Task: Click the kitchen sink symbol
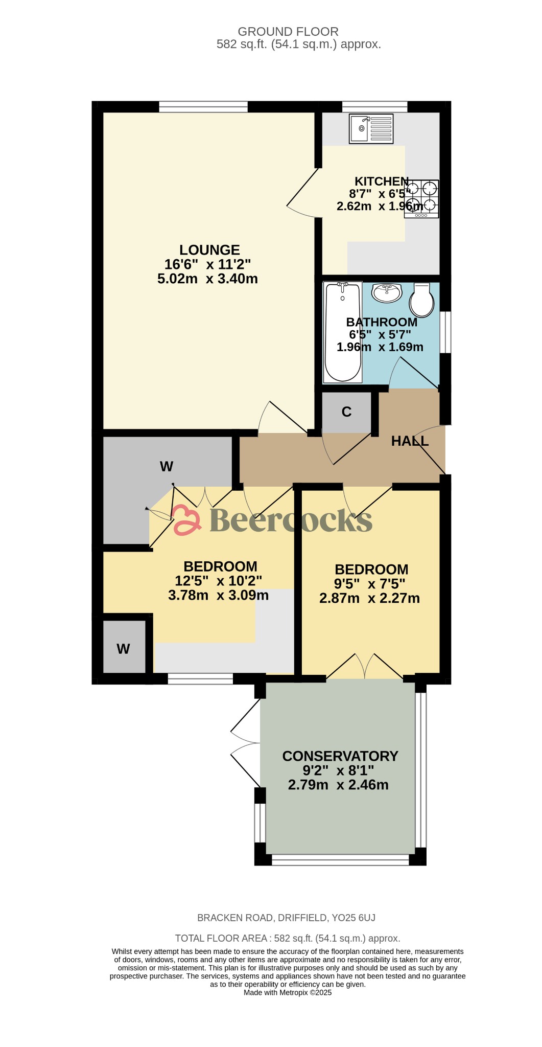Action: (x=371, y=128)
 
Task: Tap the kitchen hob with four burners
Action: (x=421, y=199)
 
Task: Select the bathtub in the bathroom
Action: (x=343, y=332)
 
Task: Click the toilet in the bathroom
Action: (x=421, y=300)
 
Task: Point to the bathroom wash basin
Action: (x=387, y=292)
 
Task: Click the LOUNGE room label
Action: (x=209, y=250)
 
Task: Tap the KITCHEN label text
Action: (x=382, y=181)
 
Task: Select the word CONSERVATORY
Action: (x=340, y=756)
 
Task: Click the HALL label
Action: (x=410, y=441)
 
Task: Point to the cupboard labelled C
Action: (x=346, y=412)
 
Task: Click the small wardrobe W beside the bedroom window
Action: (x=124, y=647)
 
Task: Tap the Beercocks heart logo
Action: (x=186, y=519)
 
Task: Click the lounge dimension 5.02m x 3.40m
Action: (x=207, y=279)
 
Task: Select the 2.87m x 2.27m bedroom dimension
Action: (x=369, y=598)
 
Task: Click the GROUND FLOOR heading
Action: (x=288, y=32)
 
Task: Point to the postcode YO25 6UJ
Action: (x=354, y=918)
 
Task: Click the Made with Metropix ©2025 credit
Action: (x=288, y=992)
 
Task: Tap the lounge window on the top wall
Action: (x=203, y=106)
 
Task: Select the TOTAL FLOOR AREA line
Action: (x=288, y=938)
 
